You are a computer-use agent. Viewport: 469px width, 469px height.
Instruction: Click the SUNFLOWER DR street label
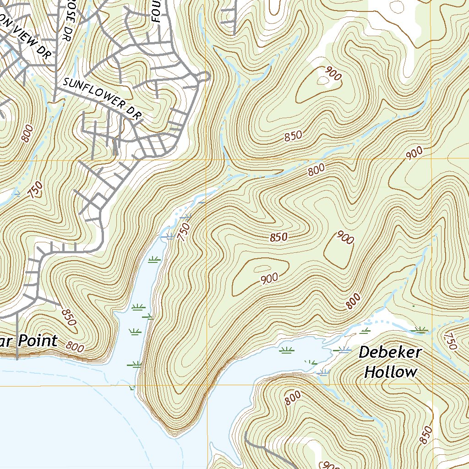(101, 98)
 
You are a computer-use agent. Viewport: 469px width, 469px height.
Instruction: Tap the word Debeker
(390, 353)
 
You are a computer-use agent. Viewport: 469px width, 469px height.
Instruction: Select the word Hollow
(391, 372)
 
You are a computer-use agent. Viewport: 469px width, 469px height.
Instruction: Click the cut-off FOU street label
(155, 11)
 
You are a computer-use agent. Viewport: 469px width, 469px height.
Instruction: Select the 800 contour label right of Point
(75, 348)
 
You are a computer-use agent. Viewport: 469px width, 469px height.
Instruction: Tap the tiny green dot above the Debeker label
(414, 305)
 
